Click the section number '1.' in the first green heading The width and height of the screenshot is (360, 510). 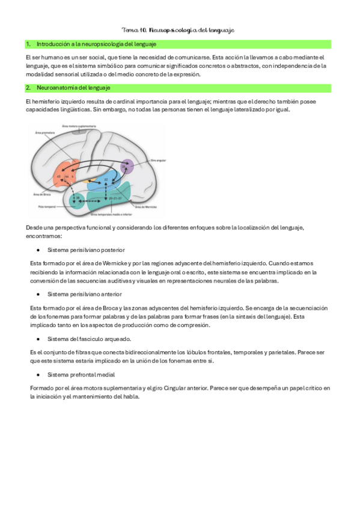[x=28, y=45]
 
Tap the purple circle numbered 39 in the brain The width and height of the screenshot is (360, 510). [x=126, y=167]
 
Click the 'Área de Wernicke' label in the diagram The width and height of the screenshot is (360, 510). [x=148, y=206]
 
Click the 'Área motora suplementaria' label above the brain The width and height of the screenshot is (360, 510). [x=79, y=126]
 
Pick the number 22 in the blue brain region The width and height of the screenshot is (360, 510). [x=106, y=179]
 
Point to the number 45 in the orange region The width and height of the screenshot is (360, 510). [x=58, y=177]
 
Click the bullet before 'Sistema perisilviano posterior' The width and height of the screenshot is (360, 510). [x=38, y=250]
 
